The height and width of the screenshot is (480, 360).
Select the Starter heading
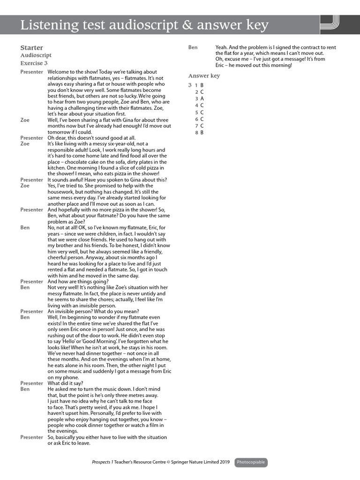[31, 48]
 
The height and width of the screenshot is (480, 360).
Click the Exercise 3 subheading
[34, 63]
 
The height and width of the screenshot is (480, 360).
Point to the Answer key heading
[204, 76]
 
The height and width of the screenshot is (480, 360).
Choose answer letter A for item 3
[202, 99]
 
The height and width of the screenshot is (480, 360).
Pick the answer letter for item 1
[202, 85]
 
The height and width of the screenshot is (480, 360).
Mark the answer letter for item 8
[202, 133]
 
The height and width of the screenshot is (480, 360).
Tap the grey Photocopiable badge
[251, 463]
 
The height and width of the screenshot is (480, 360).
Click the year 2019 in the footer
[225, 463]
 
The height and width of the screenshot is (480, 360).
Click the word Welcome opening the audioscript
[58, 72]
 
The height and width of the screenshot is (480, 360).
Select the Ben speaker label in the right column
[193, 47]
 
